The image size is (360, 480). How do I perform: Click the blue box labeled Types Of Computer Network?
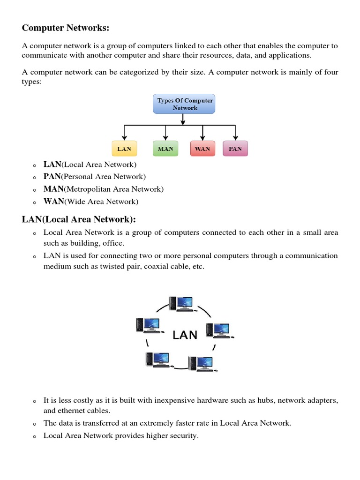[x=184, y=104]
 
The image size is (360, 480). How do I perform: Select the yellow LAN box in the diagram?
[x=124, y=149]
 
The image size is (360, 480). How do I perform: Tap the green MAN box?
[x=165, y=149]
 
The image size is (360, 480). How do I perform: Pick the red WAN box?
[x=202, y=149]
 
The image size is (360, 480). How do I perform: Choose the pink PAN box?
[x=235, y=149]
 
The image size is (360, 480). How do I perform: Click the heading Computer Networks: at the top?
[x=66, y=28]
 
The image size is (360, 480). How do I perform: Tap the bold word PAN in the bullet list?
[x=52, y=177]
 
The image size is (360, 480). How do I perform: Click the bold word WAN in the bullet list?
[x=53, y=202]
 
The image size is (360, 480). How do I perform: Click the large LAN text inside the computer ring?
[x=185, y=335]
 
